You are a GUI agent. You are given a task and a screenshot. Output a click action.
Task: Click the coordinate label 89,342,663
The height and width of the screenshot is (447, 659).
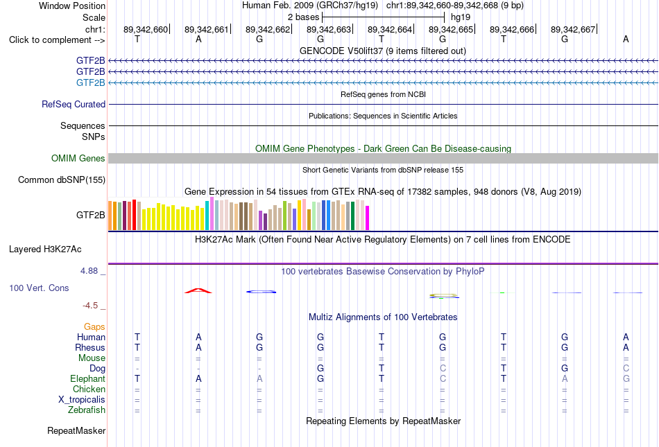pyautogui.click(x=329, y=29)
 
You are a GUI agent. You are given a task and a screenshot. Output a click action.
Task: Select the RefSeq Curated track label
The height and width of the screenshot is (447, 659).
pyautogui.click(x=74, y=104)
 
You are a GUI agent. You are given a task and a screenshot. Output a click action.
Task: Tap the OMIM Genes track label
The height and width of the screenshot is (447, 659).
pyautogui.click(x=78, y=158)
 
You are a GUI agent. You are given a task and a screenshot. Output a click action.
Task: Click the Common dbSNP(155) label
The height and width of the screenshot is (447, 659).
pyautogui.click(x=62, y=179)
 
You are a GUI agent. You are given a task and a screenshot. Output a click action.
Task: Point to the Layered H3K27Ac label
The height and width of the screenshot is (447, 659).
pyautogui.click(x=45, y=249)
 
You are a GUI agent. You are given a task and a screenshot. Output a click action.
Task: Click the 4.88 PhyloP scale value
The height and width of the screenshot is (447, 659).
pyautogui.click(x=89, y=271)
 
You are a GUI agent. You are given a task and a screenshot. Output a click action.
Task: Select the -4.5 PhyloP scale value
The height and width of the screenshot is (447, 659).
pyautogui.click(x=90, y=306)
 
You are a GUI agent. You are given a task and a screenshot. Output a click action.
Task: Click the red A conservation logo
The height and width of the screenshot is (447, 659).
pyautogui.click(x=198, y=290)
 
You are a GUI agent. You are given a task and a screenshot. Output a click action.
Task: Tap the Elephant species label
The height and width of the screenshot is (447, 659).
pyautogui.click(x=87, y=378)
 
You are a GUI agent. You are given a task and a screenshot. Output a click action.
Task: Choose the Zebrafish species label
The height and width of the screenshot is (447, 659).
pyautogui.click(x=87, y=410)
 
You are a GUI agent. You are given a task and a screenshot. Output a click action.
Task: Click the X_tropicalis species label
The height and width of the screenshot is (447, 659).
pyautogui.click(x=82, y=400)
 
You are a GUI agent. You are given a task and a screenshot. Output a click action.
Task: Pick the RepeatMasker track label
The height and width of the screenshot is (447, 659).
pyautogui.click(x=76, y=430)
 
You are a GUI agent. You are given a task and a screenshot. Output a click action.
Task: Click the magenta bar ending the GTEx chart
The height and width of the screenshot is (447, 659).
pyautogui.click(x=368, y=218)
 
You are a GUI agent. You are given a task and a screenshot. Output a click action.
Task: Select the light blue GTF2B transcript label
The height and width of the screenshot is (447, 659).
pyautogui.click(x=91, y=82)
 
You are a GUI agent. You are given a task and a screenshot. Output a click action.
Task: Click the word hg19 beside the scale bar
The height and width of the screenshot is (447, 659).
pyautogui.click(x=461, y=17)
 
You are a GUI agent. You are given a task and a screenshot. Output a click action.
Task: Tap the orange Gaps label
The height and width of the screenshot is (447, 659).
pyautogui.click(x=94, y=326)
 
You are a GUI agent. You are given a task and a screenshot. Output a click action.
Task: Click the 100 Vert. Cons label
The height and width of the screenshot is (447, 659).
pyautogui.click(x=39, y=288)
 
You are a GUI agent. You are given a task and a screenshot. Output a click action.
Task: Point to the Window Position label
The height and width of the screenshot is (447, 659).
pyautogui.click(x=72, y=6)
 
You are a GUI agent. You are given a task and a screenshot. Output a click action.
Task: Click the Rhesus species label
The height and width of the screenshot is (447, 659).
pyautogui.click(x=90, y=347)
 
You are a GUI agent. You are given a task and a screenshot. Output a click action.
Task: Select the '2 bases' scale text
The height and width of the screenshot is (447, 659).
pyautogui.click(x=303, y=17)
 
